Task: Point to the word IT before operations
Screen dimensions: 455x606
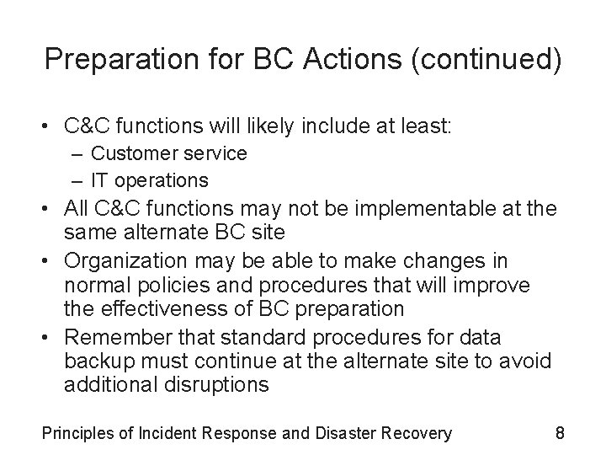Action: click(x=100, y=179)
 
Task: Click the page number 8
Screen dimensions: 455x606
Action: click(x=559, y=434)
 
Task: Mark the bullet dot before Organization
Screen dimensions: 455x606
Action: click(x=49, y=261)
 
